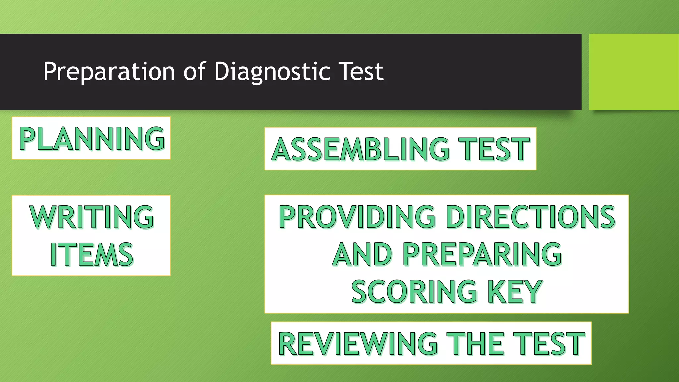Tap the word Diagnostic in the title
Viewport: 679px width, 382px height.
pos(272,72)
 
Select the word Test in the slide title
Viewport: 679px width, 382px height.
pos(362,72)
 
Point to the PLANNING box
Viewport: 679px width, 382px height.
pos(92,138)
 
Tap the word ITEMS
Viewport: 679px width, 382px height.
pos(92,254)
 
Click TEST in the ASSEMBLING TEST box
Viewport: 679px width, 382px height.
pos(494,149)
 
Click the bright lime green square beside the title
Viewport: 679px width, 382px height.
pos(634,72)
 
